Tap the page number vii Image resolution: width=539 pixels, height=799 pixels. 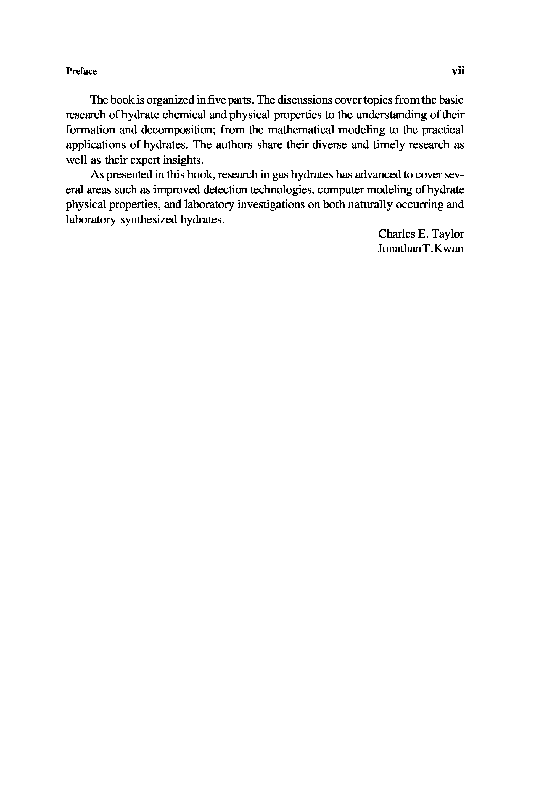pyautogui.click(x=458, y=71)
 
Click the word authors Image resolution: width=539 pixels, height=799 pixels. pyautogui.click(x=234, y=145)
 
